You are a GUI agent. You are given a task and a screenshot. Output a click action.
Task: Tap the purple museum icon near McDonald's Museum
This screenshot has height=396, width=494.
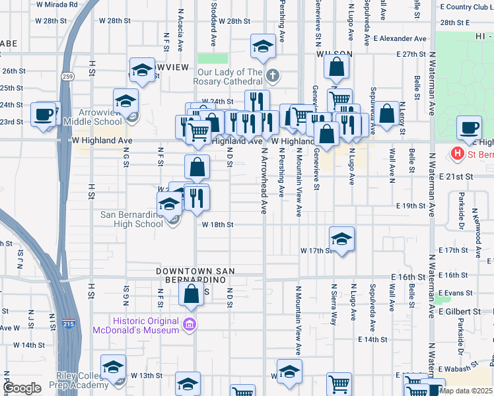190,324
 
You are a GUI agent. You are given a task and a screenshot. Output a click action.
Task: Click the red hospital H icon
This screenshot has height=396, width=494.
456,154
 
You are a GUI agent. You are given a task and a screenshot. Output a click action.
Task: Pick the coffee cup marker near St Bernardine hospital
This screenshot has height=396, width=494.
470,127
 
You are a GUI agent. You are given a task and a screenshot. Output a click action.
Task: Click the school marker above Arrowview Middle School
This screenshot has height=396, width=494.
125,101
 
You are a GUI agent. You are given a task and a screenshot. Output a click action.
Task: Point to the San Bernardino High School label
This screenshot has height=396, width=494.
131,218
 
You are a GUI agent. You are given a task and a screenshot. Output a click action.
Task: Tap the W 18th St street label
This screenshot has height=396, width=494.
218,224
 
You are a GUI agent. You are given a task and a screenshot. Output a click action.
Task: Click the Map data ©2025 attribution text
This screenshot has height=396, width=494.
466,390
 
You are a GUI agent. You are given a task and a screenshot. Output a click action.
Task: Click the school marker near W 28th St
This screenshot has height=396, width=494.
263,47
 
